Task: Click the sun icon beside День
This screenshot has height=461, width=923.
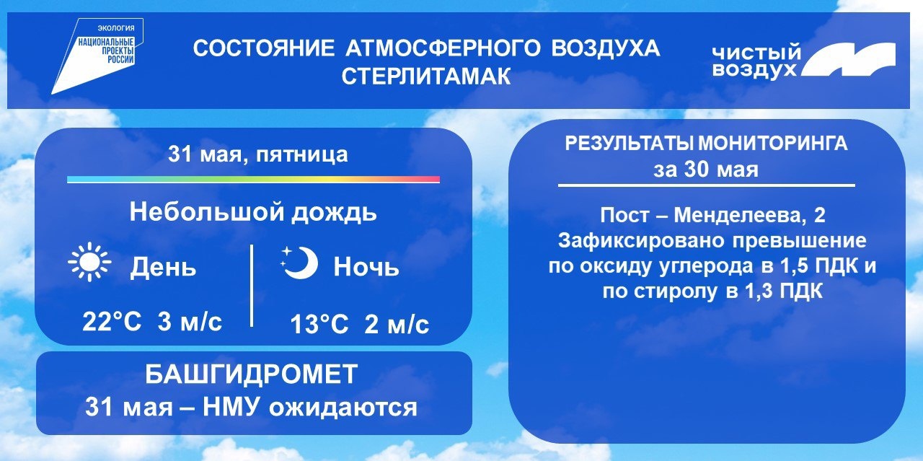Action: [x=89, y=263]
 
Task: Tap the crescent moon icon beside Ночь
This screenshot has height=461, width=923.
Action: [x=301, y=263]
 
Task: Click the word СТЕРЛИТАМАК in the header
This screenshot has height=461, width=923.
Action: [x=426, y=76]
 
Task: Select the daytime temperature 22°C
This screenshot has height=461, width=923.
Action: [x=112, y=322]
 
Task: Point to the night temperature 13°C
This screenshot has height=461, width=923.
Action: [x=319, y=324]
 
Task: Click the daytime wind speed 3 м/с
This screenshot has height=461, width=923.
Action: [x=190, y=322]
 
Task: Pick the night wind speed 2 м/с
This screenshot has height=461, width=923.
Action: [x=397, y=324]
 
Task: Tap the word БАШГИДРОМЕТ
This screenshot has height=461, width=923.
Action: [x=252, y=374]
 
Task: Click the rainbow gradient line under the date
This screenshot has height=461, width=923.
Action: [x=253, y=180]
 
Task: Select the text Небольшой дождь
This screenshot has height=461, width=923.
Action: [x=253, y=212]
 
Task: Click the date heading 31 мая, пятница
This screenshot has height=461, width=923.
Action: [x=258, y=155]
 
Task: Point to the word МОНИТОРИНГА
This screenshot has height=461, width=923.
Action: [x=772, y=144]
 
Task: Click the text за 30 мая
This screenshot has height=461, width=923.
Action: [x=706, y=170]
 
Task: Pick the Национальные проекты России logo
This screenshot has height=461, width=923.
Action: [x=97, y=56]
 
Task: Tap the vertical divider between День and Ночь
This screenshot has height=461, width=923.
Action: [x=252, y=286]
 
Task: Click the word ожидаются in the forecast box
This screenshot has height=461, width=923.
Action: [x=343, y=408]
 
